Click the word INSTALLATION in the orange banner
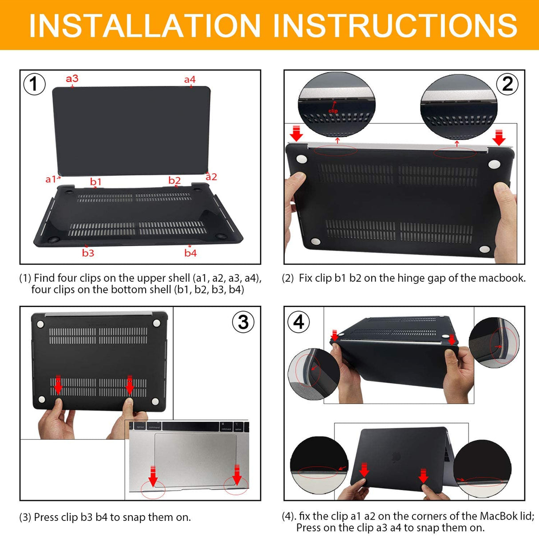click(x=144, y=25)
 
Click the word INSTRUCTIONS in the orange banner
click(x=395, y=25)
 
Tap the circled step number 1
click(x=34, y=84)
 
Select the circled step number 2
click(x=507, y=84)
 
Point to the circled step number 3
click(x=243, y=322)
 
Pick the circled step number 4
click(x=299, y=322)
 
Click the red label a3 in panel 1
click(x=72, y=79)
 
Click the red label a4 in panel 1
click(x=190, y=80)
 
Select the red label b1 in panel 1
click(x=95, y=181)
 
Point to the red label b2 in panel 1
click(x=174, y=180)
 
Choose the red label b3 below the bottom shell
click(x=88, y=253)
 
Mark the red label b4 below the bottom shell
click(x=190, y=253)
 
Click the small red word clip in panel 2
click(x=333, y=111)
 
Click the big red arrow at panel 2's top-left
click(x=296, y=133)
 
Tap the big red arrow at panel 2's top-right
click(x=499, y=137)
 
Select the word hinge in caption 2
click(x=392, y=278)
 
